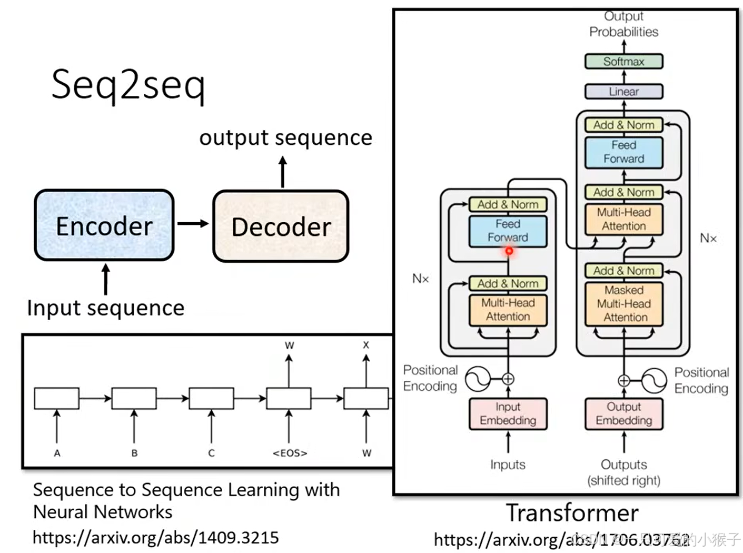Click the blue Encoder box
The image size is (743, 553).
tap(104, 225)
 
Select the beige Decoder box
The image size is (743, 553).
tap(281, 226)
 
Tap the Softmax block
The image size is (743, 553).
tap(623, 62)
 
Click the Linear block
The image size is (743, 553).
tap(623, 92)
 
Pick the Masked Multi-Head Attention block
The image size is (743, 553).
tap(624, 304)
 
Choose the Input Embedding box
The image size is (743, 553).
tap(508, 414)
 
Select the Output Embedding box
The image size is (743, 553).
tap(623, 414)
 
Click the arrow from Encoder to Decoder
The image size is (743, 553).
tap(193, 224)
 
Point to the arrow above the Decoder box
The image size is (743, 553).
tap(283, 172)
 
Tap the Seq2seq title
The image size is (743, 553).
tap(128, 84)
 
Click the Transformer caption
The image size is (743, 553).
tap(572, 513)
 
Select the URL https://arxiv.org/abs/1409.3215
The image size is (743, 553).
tap(156, 538)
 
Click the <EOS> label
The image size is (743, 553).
tap(290, 453)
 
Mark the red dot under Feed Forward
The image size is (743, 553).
tap(509, 251)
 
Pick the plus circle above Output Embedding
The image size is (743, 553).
tap(623, 380)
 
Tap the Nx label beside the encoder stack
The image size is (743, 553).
tap(420, 279)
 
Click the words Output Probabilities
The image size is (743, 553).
tap(623, 24)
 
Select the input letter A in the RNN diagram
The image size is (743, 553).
tap(57, 453)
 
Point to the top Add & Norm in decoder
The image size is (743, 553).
tap(623, 125)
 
